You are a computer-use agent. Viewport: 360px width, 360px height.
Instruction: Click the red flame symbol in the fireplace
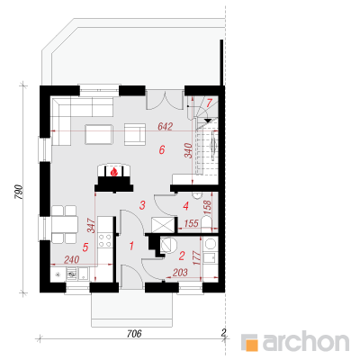click(x=114, y=172)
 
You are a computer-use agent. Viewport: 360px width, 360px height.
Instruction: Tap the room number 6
click(x=162, y=149)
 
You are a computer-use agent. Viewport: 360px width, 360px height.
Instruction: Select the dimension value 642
click(x=166, y=127)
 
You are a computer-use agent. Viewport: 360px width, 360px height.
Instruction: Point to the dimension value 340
click(x=188, y=150)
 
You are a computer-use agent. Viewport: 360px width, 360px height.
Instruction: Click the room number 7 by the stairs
click(x=209, y=103)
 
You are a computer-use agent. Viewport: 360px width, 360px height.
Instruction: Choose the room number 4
click(x=186, y=206)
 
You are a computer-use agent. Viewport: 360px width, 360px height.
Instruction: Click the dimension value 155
click(x=191, y=223)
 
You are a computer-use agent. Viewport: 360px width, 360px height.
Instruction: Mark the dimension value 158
click(x=207, y=207)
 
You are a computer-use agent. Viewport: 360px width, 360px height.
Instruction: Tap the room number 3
click(x=142, y=205)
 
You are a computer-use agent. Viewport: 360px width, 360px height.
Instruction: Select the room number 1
click(x=131, y=246)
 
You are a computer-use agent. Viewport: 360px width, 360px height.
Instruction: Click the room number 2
click(x=182, y=256)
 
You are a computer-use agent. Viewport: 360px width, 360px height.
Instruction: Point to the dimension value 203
click(x=180, y=272)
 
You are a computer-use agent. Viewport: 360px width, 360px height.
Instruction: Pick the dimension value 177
click(x=197, y=257)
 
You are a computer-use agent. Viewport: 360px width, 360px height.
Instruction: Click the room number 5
click(x=85, y=247)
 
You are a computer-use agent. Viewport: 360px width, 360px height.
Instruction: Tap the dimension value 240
click(x=72, y=259)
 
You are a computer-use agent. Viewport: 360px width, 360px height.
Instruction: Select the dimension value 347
click(x=91, y=226)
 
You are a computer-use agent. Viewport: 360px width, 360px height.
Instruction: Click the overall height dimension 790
click(x=18, y=193)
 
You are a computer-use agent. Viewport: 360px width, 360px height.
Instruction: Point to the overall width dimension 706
click(x=134, y=333)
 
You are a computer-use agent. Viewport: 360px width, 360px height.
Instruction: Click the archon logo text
click(x=305, y=341)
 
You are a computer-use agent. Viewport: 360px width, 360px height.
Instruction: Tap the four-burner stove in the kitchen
click(x=105, y=240)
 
